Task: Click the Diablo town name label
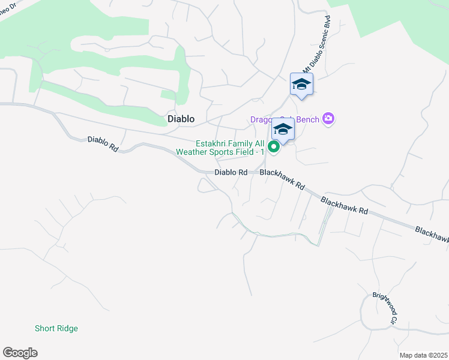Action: point(181,119)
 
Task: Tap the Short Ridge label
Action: point(56,328)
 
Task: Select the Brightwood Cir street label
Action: point(385,308)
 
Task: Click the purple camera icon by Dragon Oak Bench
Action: point(328,119)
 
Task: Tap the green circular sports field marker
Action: point(274,146)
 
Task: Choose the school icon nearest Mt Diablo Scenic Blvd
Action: point(301,84)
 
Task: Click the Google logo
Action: point(20,353)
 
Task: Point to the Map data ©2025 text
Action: point(423,355)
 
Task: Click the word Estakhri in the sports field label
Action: point(213,143)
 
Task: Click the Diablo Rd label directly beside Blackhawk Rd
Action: point(231,172)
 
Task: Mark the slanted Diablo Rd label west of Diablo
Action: point(103,144)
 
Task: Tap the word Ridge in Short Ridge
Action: point(68,328)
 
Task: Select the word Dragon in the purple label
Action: point(262,119)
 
